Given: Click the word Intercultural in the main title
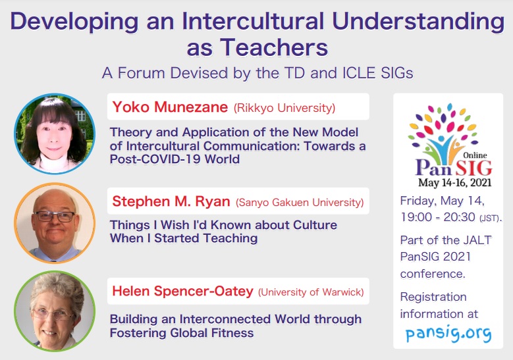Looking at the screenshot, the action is (253, 20).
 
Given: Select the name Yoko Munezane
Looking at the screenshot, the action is (170, 107).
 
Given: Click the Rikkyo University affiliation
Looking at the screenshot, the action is (284, 108).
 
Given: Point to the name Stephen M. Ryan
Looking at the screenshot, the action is (171, 201).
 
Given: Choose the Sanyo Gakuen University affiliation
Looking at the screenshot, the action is (300, 203).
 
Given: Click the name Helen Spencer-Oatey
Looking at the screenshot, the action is (182, 291).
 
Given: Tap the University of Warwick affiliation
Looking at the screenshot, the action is (311, 292).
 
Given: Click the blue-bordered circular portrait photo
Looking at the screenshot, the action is (55, 134).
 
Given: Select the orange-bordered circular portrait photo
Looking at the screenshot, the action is (55, 223).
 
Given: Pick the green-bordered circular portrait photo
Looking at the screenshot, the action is (55, 311).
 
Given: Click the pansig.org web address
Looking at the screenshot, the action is (448, 334).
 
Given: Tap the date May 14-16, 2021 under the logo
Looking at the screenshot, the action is (455, 182).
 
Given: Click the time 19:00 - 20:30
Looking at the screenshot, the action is (438, 217).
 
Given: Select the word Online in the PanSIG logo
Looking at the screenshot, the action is (475, 155).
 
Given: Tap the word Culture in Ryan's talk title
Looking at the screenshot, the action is (315, 225).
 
